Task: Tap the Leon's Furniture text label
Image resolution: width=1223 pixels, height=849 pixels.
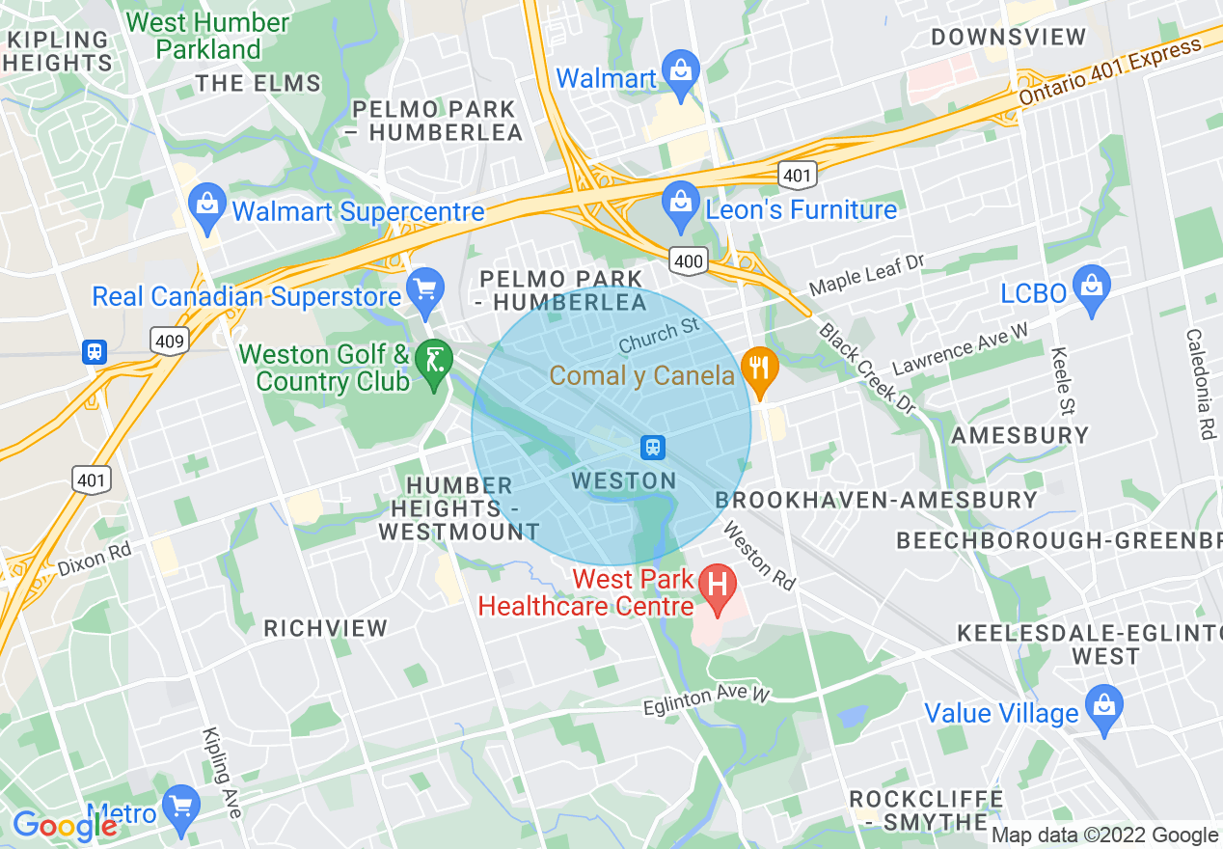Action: coord(802,209)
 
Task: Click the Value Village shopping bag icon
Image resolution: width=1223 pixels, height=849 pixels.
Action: coord(1101,706)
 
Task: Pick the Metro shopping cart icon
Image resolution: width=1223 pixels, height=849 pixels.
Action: coord(180,807)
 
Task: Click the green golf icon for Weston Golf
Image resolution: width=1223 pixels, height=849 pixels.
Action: coord(434,361)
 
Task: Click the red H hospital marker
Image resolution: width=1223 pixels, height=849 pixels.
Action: coord(717,587)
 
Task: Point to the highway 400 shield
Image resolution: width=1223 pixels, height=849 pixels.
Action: coord(689,260)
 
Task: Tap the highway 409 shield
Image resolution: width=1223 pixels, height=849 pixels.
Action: coord(169,340)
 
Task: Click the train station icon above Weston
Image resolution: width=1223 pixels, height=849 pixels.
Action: coord(653,447)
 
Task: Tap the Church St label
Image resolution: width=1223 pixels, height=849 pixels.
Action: coord(659,335)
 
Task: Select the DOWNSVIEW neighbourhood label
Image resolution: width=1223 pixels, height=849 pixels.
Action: coord(1008,38)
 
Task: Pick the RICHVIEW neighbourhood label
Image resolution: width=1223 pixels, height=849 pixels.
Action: coord(326,628)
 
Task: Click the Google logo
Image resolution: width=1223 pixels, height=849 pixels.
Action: coord(64,825)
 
